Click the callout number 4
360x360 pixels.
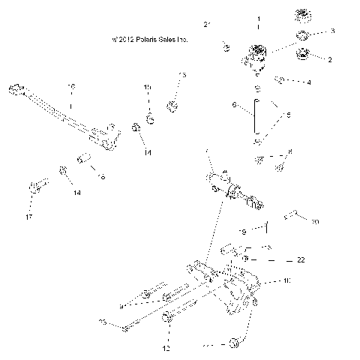[x=308, y=82]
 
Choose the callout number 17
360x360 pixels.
[x=30, y=217]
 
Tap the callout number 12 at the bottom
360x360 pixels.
[x=166, y=349]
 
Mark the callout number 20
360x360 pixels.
[x=315, y=222]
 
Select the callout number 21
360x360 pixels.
[x=208, y=25]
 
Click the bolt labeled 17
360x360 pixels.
[x=39, y=183]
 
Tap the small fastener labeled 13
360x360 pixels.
[x=172, y=106]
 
